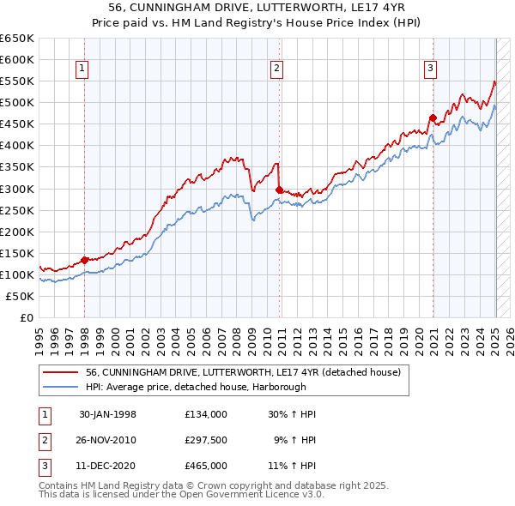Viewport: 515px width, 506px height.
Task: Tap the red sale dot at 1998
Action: [85, 260]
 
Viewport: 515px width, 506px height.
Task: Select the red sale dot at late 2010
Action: [280, 190]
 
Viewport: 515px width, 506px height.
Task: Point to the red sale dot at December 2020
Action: [433, 117]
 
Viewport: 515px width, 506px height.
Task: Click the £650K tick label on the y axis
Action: [17, 39]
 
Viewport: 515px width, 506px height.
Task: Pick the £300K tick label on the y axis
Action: [17, 189]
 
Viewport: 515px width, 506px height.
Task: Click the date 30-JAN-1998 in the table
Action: [107, 414]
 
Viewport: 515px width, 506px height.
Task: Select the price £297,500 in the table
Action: [206, 440]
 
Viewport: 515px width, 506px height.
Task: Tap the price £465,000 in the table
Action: [206, 466]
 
